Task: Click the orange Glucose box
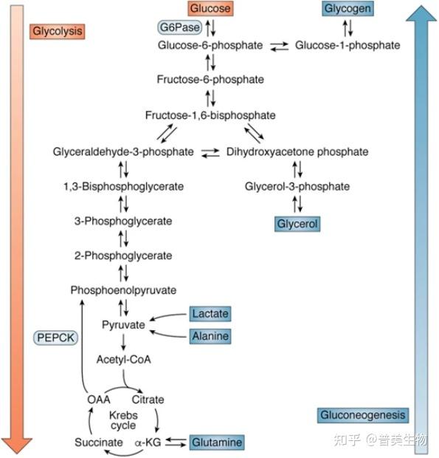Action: click(210, 8)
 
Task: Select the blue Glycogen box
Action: click(348, 8)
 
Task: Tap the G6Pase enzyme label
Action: click(180, 27)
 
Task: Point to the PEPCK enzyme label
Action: click(55, 338)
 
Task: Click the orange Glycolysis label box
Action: click(57, 31)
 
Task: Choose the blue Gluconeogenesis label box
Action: click(363, 415)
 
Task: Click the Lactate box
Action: click(210, 314)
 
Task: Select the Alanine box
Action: click(210, 336)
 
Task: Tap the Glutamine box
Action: click(217, 442)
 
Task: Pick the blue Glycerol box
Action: click(297, 224)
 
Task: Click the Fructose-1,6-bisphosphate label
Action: click(210, 115)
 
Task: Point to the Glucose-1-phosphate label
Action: click(348, 45)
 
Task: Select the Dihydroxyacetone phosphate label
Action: click(297, 152)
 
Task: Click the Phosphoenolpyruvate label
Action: click(123, 290)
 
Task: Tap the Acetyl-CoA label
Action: click(124, 360)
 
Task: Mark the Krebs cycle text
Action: click(123, 420)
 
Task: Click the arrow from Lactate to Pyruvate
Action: click(167, 315)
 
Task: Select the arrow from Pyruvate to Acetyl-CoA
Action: click(123, 342)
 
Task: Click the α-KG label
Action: click(148, 442)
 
